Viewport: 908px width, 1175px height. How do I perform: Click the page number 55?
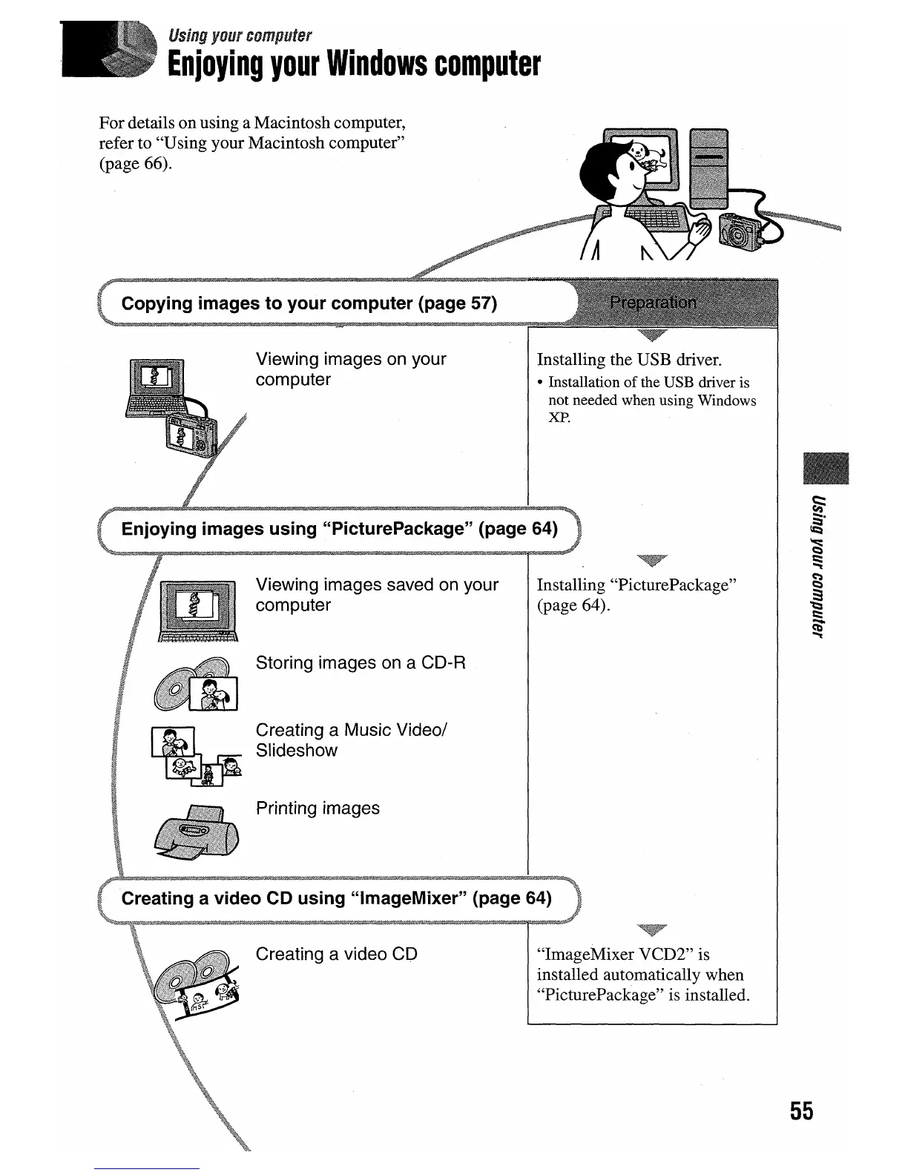pos(801,1110)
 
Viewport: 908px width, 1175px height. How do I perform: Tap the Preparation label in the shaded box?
pos(652,303)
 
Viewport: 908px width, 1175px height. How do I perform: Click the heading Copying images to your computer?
pos(309,303)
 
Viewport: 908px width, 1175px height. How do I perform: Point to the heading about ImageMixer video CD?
pos(336,898)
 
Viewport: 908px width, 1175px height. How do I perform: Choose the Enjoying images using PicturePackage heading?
pos(339,529)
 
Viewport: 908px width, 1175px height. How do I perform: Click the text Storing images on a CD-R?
pos(361,662)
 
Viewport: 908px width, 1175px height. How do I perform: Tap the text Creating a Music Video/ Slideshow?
pos(350,740)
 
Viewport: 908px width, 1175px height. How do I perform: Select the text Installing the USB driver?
pos(629,360)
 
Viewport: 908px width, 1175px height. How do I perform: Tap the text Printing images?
pos(318,808)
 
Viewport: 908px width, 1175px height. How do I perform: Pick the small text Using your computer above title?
pos(240,35)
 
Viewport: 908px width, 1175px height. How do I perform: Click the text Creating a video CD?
pos(336,954)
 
